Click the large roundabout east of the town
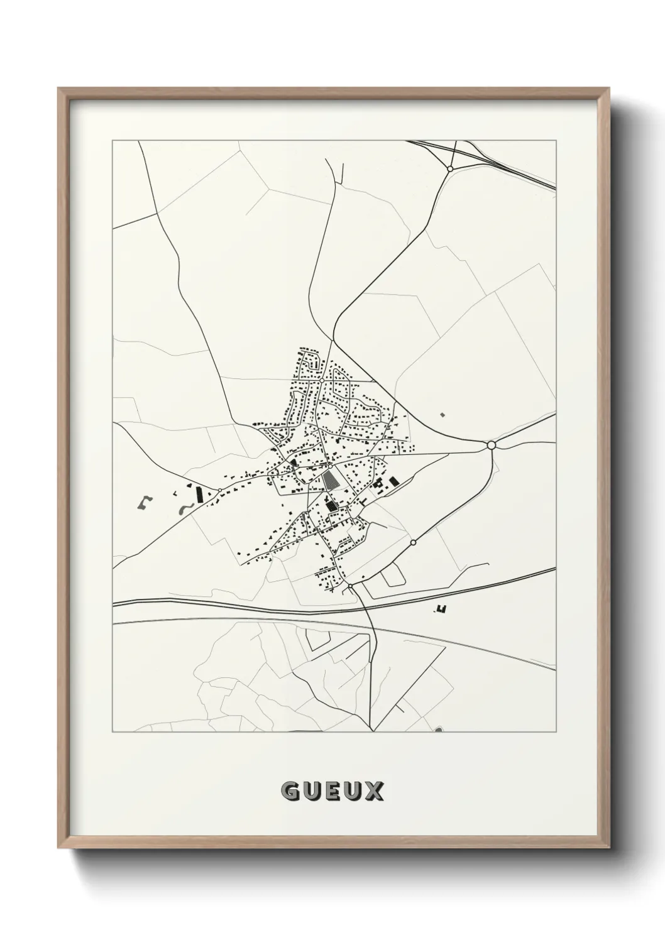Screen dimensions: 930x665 click(x=492, y=445)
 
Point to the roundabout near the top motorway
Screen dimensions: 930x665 click(x=450, y=168)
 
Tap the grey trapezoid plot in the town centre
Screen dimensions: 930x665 click(x=331, y=481)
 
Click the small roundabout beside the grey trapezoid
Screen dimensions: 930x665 click(x=329, y=466)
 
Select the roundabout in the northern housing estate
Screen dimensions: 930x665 click(x=321, y=380)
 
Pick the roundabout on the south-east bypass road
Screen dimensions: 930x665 click(x=413, y=542)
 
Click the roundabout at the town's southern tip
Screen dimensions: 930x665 click(x=349, y=586)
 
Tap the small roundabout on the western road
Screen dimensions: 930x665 click(x=219, y=490)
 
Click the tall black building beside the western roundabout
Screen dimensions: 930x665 click(x=200, y=495)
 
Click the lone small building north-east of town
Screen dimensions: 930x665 click(x=441, y=415)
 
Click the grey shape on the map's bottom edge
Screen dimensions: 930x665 click(x=438, y=730)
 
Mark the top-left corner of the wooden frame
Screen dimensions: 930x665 click(x=58, y=89)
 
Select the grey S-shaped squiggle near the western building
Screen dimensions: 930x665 click(x=184, y=508)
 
